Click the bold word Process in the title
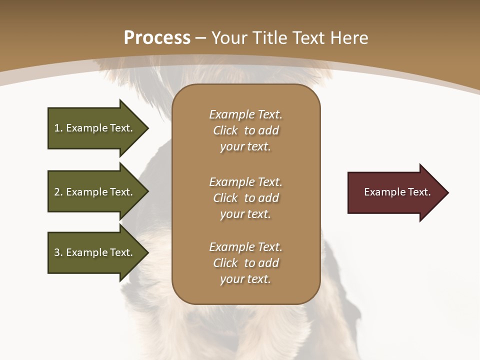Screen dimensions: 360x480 coord(157,37)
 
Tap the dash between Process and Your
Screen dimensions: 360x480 coord(200,38)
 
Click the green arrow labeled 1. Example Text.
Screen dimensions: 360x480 coord(95,128)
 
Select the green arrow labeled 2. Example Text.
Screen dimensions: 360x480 coord(95,192)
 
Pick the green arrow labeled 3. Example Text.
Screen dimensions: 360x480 coord(95,252)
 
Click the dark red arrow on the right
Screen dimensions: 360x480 coord(395,192)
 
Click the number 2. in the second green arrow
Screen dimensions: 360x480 coord(58,192)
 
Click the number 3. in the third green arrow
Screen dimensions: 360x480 coord(58,252)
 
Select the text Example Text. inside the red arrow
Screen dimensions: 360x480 coord(397,192)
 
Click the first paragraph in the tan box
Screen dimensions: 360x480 coord(245,130)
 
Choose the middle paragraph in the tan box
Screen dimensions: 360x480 coord(245,198)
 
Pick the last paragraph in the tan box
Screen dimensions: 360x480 coord(245,263)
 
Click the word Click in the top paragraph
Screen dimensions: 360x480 coord(225,130)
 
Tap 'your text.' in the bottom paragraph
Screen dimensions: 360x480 coord(245,279)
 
